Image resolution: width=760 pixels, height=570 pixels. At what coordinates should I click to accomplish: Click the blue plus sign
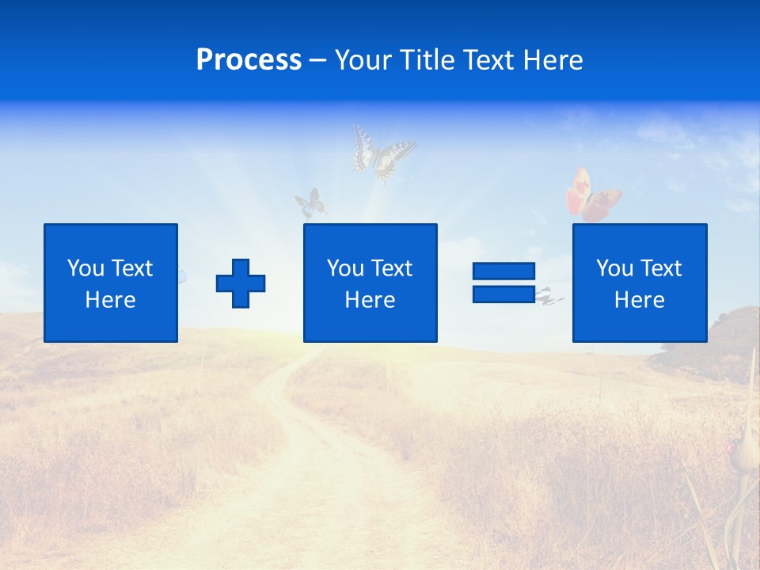click(x=241, y=283)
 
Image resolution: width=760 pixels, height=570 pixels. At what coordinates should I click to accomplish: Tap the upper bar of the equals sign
click(x=503, y=272)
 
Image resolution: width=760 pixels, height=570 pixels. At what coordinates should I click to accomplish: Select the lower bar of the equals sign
click(x=503, y=294)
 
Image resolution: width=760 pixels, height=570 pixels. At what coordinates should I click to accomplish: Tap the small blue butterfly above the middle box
click(x=310, y=203)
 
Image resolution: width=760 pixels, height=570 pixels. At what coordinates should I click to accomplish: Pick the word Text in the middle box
click(x=392, y=268)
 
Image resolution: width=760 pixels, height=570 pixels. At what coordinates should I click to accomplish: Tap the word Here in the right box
click(x=640, y=300)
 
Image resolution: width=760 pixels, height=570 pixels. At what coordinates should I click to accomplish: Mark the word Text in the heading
click(x=484, y=61)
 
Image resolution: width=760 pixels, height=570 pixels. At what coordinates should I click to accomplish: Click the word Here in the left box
click(x=111, y=300)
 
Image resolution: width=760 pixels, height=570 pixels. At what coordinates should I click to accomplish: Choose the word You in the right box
click(x=614, y=268)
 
